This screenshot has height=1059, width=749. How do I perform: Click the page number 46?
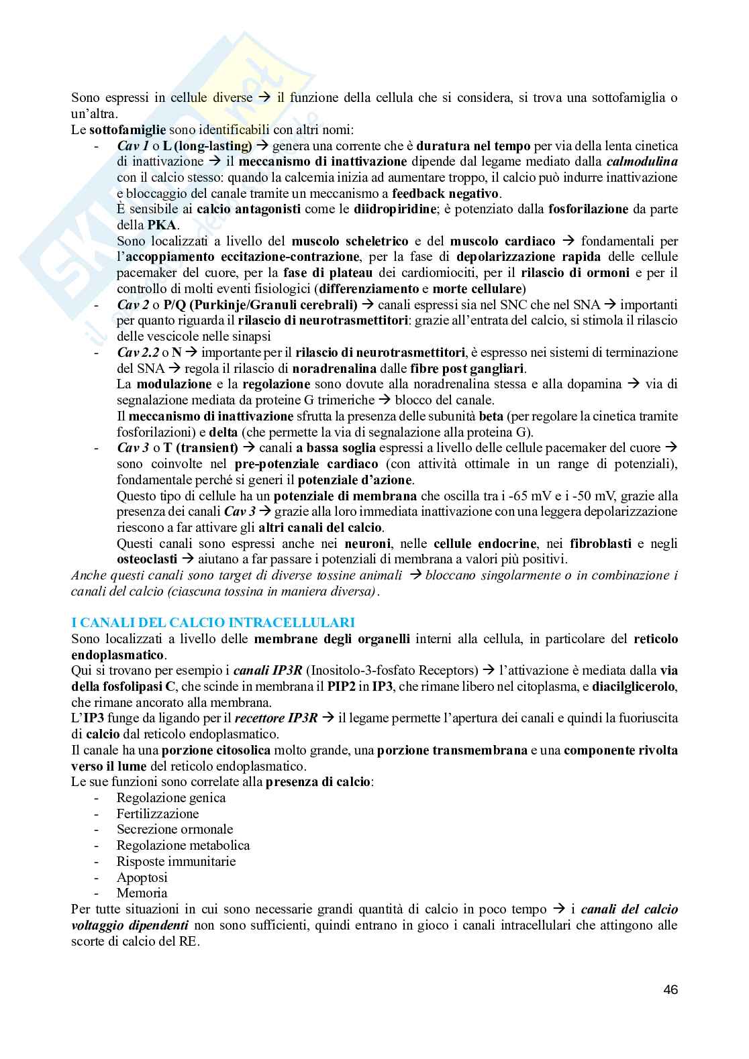tap(669, 989)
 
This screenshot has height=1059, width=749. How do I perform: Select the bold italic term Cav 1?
tap(132, 146)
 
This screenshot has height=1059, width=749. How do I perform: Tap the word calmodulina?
tap(642, 162)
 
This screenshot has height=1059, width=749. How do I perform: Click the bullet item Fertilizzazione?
tap(158, 814)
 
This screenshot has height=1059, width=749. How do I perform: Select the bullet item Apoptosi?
tap(142, 877)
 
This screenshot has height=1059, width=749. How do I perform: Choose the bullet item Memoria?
tap(142, 893)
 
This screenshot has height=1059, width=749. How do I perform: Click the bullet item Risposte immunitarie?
tap(176, 861)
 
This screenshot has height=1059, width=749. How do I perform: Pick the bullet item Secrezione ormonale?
tap(174, 830)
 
